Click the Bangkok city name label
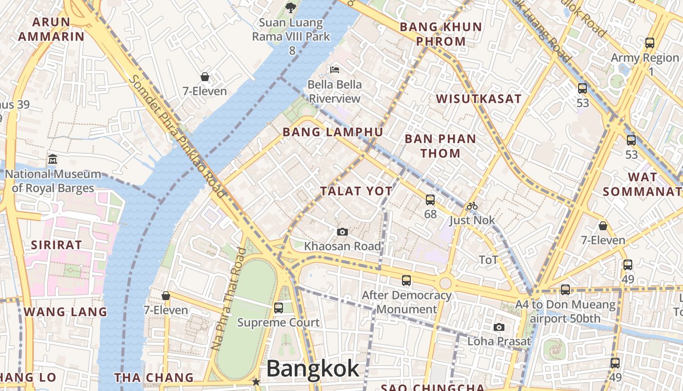point(313,369)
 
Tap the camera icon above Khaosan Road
point(342,232)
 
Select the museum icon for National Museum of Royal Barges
point(53,159)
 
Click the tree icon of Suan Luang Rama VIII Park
point(291,7)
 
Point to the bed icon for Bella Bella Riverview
point(335,70)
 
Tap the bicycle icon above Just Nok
point(472,206)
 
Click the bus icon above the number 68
point(430,199)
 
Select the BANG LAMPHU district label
point(333,132)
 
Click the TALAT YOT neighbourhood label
point(356,191)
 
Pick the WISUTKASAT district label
point(479,99)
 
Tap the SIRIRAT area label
point(57,245)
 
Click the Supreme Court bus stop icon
point(279,308)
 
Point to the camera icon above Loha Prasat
point(499,327)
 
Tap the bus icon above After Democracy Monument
point(406,281)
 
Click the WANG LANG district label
point(65,312)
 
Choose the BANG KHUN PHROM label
point(441,34)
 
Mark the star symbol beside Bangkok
point(256,381)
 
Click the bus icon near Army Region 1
point(650,43)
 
